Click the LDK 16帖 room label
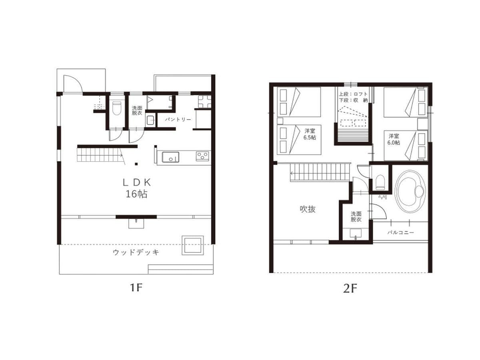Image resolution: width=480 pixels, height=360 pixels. tap(136, 188)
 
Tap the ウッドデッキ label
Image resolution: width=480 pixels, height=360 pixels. tap(136, 252)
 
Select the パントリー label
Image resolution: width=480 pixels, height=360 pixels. tap(178, 119)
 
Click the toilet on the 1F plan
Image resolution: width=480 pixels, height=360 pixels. tap(116, 108)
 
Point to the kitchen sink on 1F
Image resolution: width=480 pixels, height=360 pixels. tap(170, 157)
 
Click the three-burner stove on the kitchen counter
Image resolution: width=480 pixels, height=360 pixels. tap(202, 156)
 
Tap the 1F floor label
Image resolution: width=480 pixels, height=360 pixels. tap(136, 288)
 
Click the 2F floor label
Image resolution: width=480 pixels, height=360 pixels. tap(350, 289)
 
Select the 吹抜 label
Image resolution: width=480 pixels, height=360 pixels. tap(308, 209)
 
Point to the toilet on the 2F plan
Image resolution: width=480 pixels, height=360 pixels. tap(380, 182)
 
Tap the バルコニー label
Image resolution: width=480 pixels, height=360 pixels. tap(401, 232)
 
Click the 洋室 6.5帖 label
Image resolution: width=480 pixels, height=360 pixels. tap(310, 134)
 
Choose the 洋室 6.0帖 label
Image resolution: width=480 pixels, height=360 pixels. tap(394, 139)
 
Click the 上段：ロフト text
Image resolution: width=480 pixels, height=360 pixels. tap(353, 94)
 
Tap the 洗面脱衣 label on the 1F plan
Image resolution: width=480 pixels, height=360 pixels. tap(137, 110)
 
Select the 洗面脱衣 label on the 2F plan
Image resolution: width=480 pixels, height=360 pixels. tap(356, 217)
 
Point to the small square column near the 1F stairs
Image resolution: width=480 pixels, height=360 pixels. tap(136, 164)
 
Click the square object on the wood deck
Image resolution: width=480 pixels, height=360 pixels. tap(193, 245)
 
